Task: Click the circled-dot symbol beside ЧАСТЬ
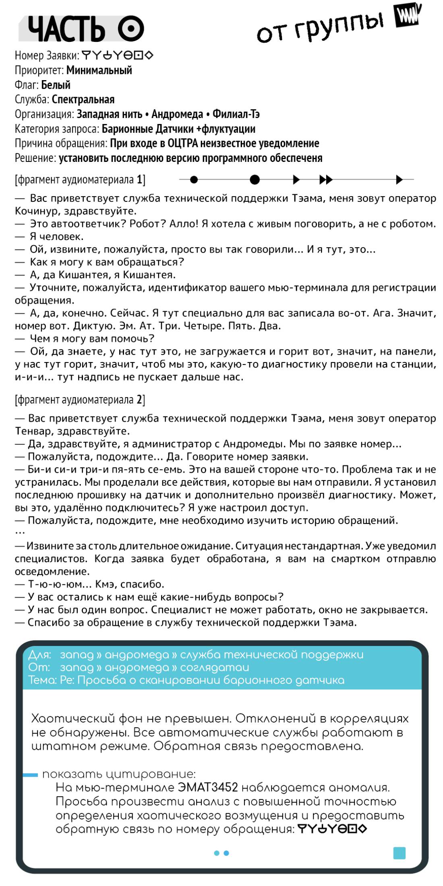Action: pyautogui.click(x=131, y=29)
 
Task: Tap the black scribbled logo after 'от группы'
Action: pyautogui.click(x=408, y=16)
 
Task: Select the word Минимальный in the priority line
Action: pyautogui.click(x=99, y=70)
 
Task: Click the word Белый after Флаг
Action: pyautogui.click(x=56, y=85)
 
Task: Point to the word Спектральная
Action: pyautogui.click(x=83, y=99)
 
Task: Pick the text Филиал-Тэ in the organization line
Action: pyautogui.click(x=236, y=114)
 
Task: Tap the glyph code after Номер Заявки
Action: pyautogui.click(x=117, y=55)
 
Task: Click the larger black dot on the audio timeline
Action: pyautogui.click(x=255, y=180)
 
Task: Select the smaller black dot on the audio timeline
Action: pyautogui.click(x=194, y=180)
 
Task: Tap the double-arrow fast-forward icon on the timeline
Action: pyautogui.click(x=326, y=180)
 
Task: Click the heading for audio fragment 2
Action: pyautogui.click(x=80, y=400)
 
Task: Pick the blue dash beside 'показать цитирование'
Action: pyautogui.click(x=30, y=775)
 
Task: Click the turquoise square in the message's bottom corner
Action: pyautogui.click(x=399, y=853)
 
